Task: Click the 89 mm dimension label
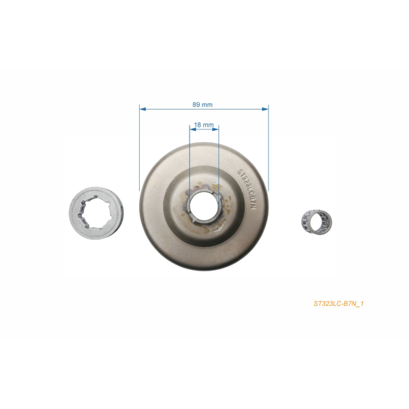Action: pyautogui.click(x=203, y=104)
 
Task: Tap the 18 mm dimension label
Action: pyautogui.click(x=204, y=125)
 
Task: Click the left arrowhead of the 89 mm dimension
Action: pyautogui.click(x=141, y=108)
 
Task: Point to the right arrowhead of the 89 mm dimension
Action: pyautogui.click(x=266, y=108)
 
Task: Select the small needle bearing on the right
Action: pyautogui.click(x=311, y=222)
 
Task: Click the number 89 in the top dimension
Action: pyautogui.click(x=197, y=104)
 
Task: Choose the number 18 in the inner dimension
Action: pyautogui.click(x=198, y=125)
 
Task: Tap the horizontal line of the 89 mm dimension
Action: pyautogui.click(x=170, y=108)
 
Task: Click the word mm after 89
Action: pyautogui.click(x=207, y=104)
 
